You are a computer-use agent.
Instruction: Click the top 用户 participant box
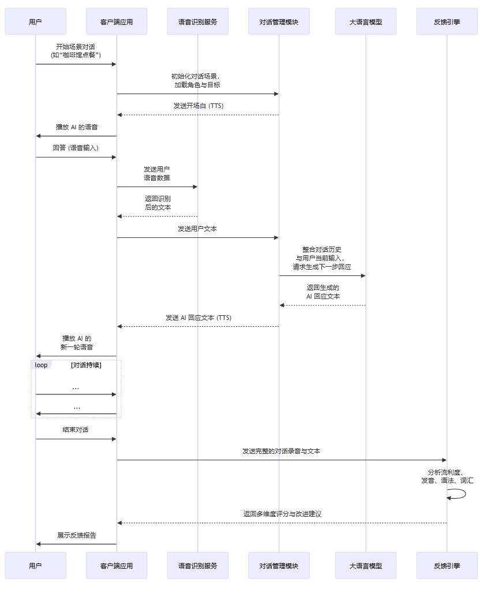point(35,22)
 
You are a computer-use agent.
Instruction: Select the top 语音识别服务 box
point(197,22)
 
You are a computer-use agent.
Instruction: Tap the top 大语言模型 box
point(365,22)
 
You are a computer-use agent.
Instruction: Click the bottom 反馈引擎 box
point(447,566)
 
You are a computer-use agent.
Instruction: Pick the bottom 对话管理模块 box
point(279,566)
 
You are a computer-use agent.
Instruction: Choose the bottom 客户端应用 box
point(117,566)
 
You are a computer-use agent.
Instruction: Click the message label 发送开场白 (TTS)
point(198,106)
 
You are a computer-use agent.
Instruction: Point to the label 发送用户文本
point(197,229)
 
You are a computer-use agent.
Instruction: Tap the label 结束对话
point(76,430)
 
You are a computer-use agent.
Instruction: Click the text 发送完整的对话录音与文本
point(282,451)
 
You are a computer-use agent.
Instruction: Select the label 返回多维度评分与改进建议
point(282,514)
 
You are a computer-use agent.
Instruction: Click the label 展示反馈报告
point(76,535)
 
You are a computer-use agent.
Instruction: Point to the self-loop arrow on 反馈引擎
point(459,494)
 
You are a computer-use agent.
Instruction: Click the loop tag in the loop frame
point(41,365)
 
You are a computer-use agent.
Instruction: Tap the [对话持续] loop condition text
point(86,365)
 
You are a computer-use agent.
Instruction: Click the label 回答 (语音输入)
point(76,148)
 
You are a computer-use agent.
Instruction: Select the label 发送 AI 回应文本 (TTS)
point(198,318)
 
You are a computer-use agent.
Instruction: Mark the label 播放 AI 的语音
point(76,127)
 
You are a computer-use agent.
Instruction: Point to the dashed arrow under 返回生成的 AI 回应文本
point(323,305)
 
